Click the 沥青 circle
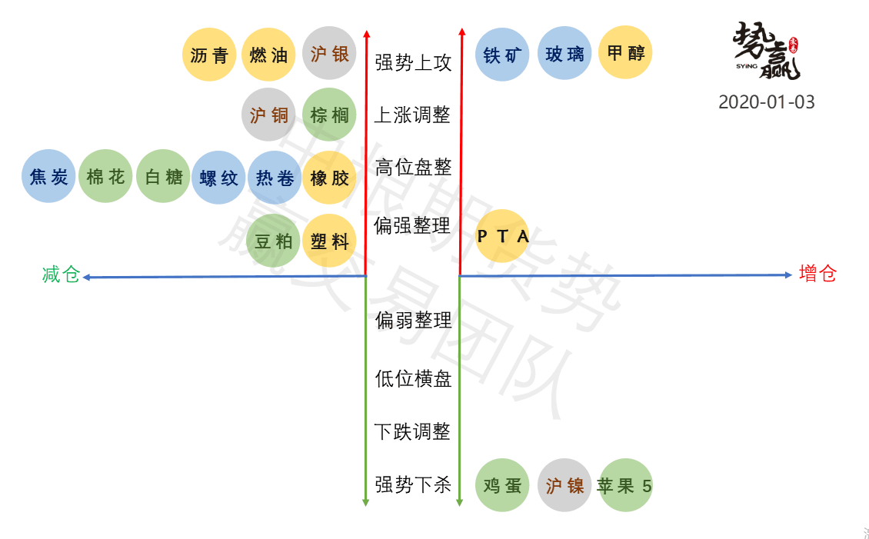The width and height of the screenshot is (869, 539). tap(209, 55)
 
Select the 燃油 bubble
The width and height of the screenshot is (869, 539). tap(268, 55)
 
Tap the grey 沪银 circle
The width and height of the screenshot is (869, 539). tap(330, 54)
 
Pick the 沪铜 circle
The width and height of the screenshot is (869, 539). tap(268, 115)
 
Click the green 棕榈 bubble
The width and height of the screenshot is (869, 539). tap(330, 115)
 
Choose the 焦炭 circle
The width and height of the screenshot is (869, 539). tap(48, 177)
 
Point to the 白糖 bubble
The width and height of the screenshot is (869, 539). tap(164, 177)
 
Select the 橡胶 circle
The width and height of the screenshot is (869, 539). tap(330, 178)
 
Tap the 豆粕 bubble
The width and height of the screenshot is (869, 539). tap(274, 241)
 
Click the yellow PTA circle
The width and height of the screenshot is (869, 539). tap(503, 236)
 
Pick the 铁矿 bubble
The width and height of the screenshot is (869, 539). tap(503, 55)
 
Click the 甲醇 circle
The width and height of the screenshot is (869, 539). tap(625, 53)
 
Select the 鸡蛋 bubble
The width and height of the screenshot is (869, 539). tap(503, 485)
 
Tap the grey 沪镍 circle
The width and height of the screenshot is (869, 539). tap(564, 485)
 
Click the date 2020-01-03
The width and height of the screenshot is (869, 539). tap(766, 101)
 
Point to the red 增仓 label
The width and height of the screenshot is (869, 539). tap(817, 273)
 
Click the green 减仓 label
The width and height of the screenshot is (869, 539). tap(61, 274)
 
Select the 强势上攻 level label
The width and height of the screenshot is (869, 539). tap(413, 62)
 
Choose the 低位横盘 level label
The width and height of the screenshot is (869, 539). tap(413, 378)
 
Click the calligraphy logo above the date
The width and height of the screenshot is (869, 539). tap(766, 50)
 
